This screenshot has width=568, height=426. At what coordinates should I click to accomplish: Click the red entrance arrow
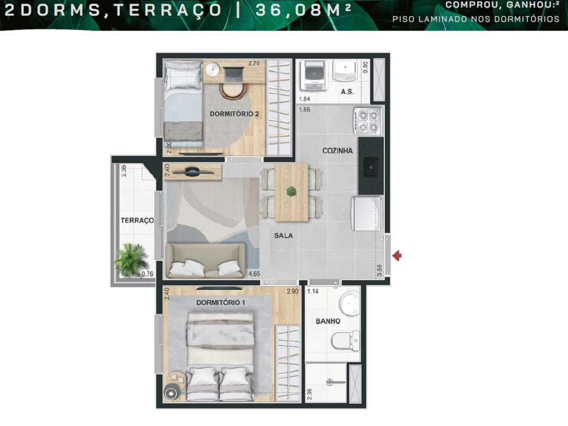click(x=398, y=256)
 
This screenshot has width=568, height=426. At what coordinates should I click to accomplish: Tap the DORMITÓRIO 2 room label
click(x=231, y=114)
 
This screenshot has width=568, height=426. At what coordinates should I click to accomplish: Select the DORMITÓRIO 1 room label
click(x=221, y=302)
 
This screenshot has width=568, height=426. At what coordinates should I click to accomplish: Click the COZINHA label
click(x=337, y=151)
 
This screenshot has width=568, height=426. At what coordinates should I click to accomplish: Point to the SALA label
click(x=284, y=235)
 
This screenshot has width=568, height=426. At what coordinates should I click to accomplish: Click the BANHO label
click(x=328, y=321)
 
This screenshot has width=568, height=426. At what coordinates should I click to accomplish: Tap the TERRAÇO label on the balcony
click(x=137, y=221)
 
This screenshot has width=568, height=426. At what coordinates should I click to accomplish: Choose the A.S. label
click(x=347, y=92)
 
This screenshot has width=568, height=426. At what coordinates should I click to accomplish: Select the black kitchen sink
click(x=370, y=166)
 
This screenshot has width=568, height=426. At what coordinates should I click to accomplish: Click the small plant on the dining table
click(x=291, y=191)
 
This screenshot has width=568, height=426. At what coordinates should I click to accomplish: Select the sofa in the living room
click(x=205, y=261)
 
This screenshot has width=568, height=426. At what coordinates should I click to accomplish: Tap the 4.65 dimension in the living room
click(x=254, y=274)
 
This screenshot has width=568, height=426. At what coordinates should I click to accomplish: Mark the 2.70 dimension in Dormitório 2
click(x=256, y=62)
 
